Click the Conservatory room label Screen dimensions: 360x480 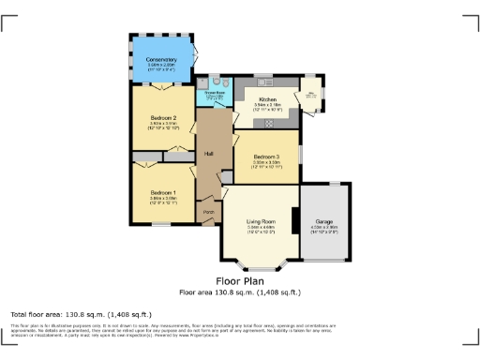[x=161, y=59]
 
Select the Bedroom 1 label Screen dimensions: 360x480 [x=161, y=192]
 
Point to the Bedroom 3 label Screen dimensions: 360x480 [x=266, y=157]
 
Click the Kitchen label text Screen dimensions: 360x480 [x=266, y=97]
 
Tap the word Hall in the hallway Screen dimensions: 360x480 [x=210, y=154]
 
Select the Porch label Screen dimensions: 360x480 [x=208, y=212]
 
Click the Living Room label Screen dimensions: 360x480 [x=260, y=221]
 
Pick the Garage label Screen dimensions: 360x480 [x=323, y=221]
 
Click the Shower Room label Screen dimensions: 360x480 [x=213, y=94]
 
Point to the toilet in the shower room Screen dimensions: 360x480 [x=216, y=82]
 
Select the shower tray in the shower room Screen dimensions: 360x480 [x=202, y=82]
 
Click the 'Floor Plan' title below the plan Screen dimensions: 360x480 [x=239, y=280]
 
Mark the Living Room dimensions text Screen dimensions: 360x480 [x=260, y=228]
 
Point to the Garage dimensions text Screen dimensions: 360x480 [x=323, y=228]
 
